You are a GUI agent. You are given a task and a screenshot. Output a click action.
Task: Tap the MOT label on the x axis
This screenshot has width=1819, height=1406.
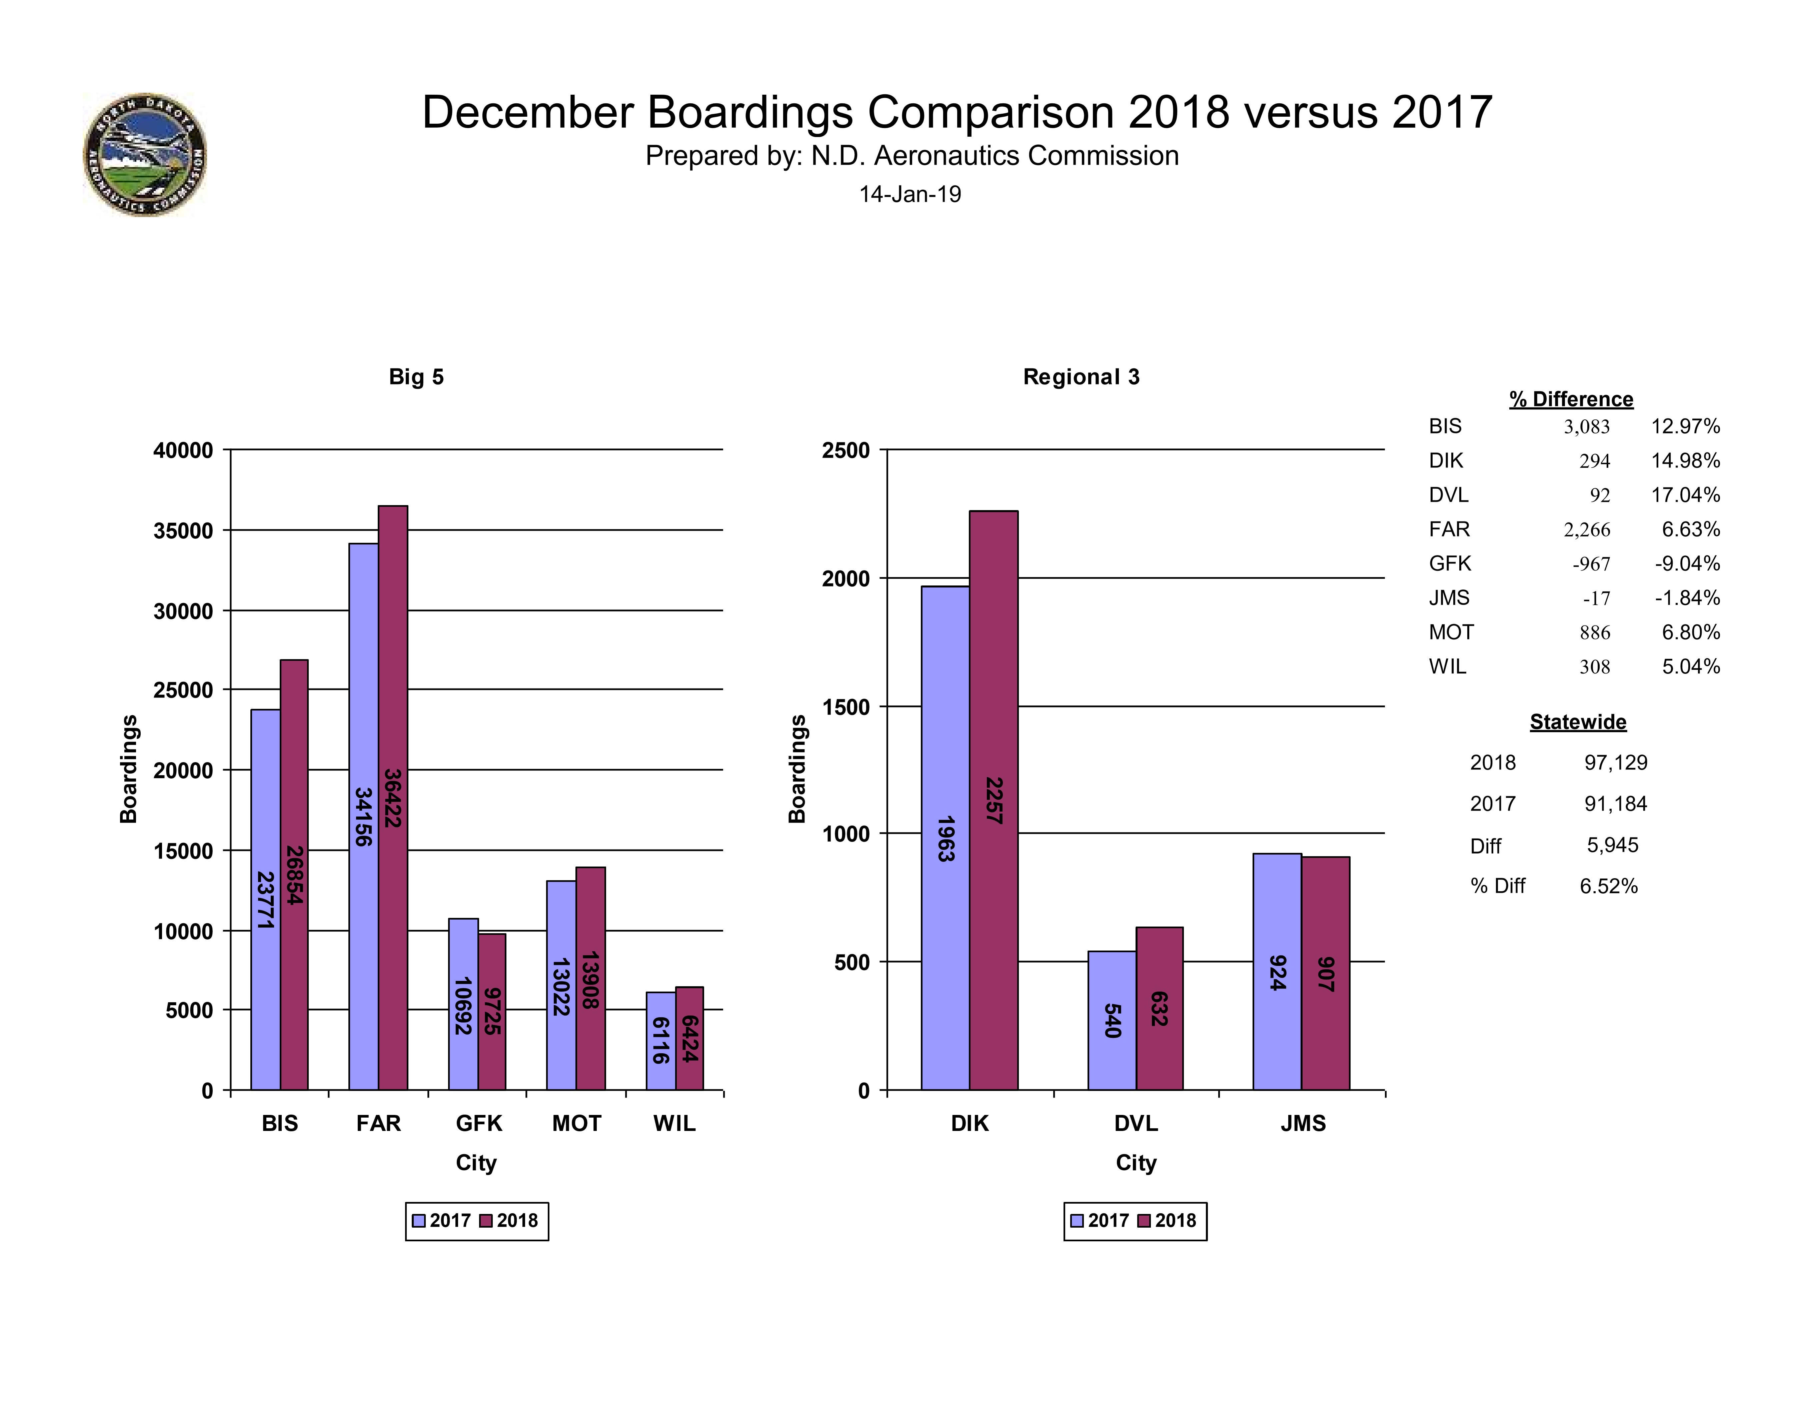pyautogui.click(x=576, y=1124)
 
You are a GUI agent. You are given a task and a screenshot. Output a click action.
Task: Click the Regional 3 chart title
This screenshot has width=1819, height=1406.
pyautogui.click(x=1081, y=377)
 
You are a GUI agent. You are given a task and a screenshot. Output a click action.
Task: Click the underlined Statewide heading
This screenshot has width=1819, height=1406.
pyautogui.click(x=1578, y=722)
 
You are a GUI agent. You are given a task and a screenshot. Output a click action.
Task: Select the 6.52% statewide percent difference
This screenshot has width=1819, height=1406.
pyautogui.click(x=1608, y=886)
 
